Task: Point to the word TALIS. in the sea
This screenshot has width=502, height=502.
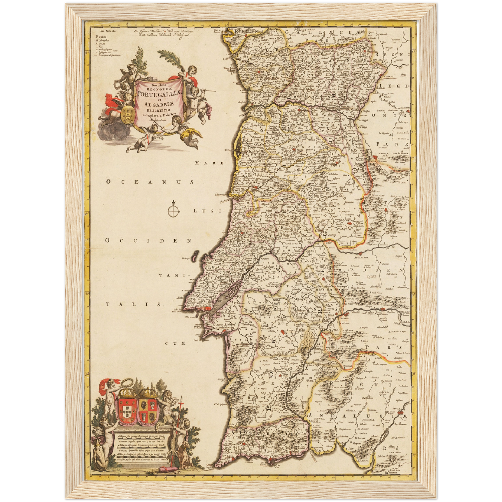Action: point(134,304)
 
